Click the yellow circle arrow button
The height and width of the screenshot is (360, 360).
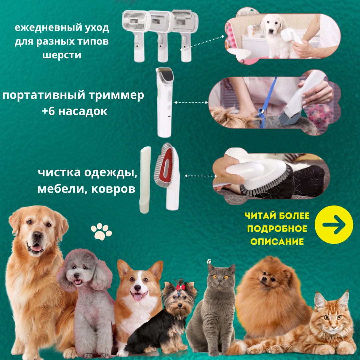334,225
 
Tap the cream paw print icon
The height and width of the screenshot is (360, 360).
101,232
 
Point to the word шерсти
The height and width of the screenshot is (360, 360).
62,55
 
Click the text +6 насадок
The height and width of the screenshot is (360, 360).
75,111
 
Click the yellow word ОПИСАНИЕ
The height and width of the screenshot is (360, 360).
277,242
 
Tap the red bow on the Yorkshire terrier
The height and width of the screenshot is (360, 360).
181,287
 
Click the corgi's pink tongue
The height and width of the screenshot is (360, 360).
138,297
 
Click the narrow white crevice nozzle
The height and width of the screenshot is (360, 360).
145,180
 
